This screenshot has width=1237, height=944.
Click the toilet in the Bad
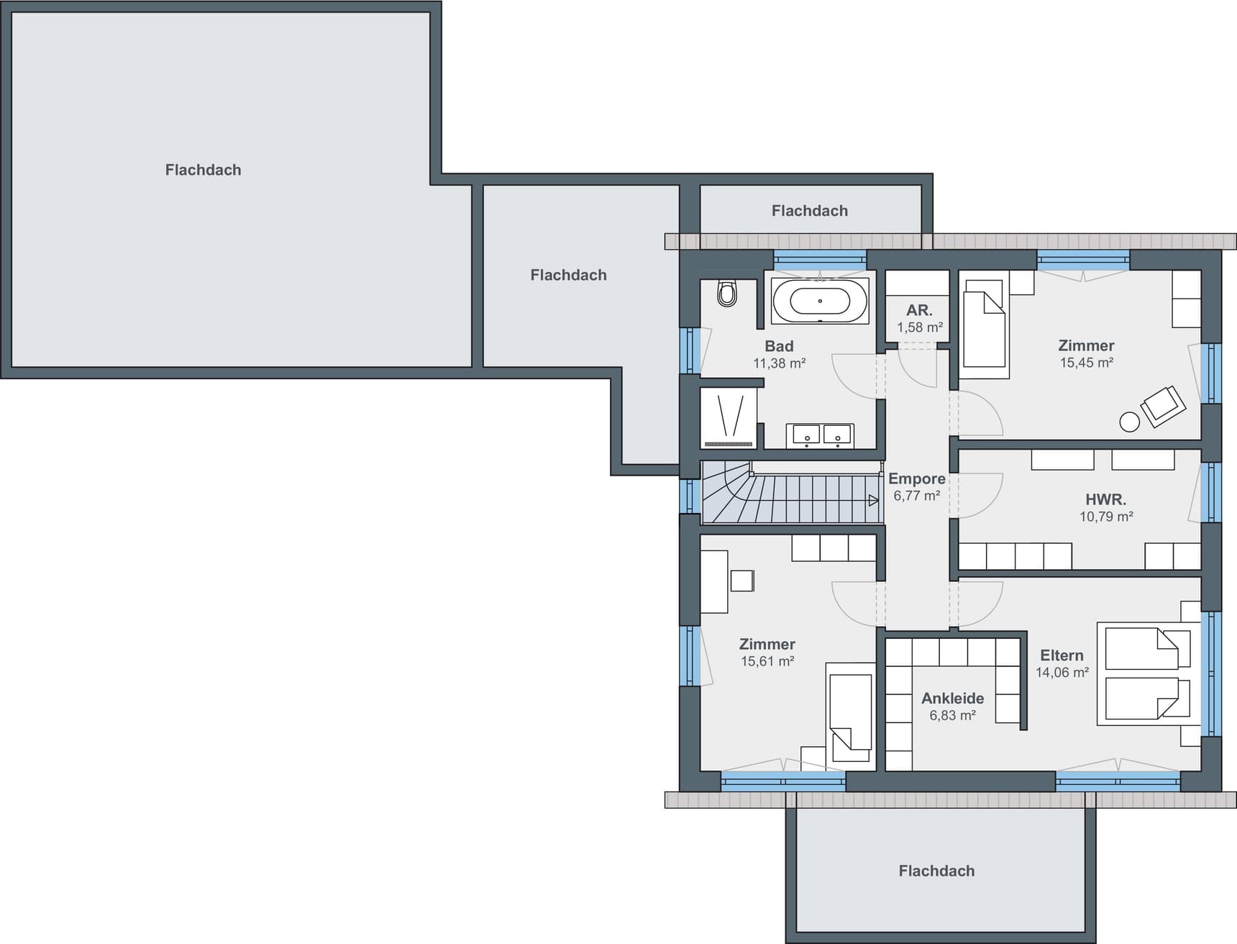tap(727, 293)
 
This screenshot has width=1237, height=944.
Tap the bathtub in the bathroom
tap(820, 301)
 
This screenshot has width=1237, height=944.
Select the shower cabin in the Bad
tap(729, 418)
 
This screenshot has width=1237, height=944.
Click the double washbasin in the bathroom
tap(820, 435)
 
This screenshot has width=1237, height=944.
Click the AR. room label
tap(919, 310)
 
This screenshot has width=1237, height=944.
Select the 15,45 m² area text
tap(1086, 363)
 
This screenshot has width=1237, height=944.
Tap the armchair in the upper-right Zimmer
tap(1162, 407)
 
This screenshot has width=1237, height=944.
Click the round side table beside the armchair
tap(1130, 422)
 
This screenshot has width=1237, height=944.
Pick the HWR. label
tap(1106, 499)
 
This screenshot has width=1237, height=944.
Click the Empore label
tap(917, 478)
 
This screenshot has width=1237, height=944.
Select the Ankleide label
tap(953, 698)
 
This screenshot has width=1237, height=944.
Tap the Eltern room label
tap(1062, 655)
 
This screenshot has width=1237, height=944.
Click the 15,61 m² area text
tap(767, 661)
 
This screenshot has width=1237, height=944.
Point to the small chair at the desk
tap(742, 581)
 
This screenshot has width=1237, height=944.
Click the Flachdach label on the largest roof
tap(204, 170)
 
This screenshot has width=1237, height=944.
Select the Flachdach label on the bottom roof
tap(936, 871)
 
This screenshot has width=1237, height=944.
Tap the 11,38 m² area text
tap(779, 363)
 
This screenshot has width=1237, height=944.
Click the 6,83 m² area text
tap(952, 715)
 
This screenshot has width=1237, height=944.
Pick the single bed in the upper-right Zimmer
tap(984, 330)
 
